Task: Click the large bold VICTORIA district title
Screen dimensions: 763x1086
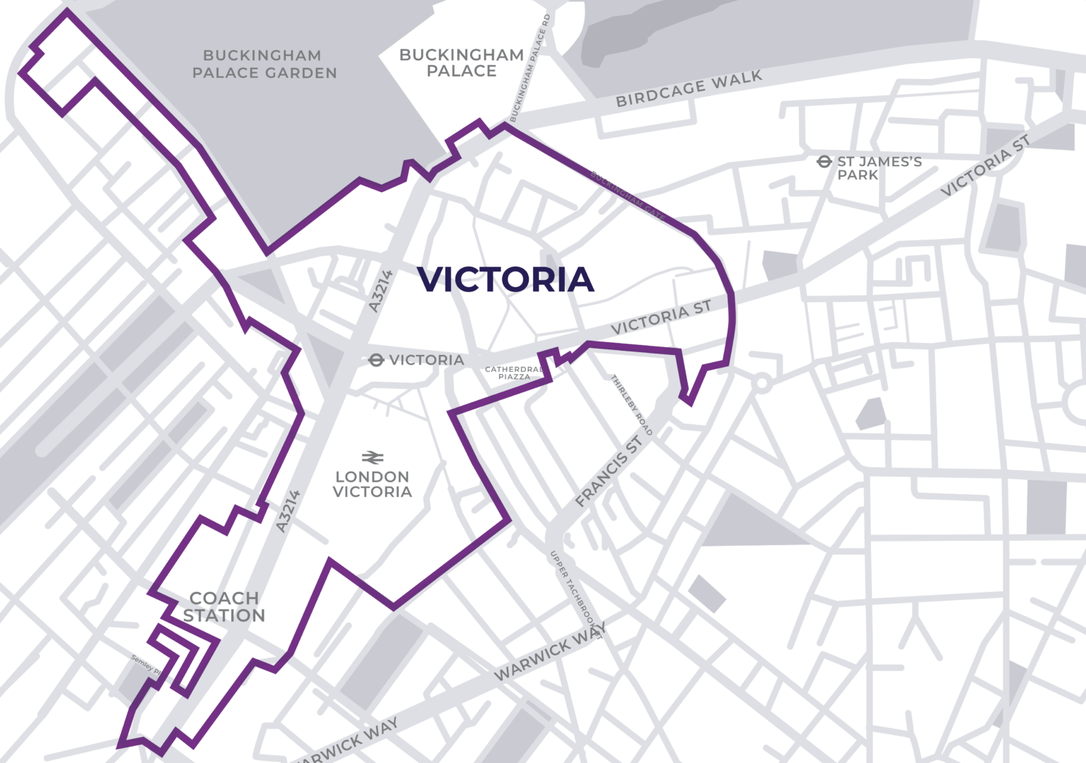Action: (x=506, y=279)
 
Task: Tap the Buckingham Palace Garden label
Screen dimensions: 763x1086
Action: (x=264, y=64)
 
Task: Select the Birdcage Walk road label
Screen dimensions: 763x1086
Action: (x=689, y=88)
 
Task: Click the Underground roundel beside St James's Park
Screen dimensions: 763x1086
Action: (x=824, y=162)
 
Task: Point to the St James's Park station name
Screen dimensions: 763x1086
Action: (x=879, y=168)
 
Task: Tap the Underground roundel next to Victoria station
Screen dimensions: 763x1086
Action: (x=376, y=361)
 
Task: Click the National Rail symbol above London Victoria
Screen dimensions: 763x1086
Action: (x=373, y=458)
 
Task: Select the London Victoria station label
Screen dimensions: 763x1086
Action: (x=373, y=484)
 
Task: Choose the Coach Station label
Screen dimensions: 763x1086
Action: (x=224, y=607)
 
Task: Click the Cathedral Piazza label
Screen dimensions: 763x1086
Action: (x=514, y=373)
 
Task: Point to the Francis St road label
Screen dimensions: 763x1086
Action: (x=609, y=472)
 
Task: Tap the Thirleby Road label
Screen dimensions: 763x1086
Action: (x=631, y=405)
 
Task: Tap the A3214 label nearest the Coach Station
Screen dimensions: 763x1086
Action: (x=288, y=511)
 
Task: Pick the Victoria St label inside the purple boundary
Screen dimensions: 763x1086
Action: (x=660, y=318)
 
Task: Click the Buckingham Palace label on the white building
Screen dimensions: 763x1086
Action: (x=462, y=63)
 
